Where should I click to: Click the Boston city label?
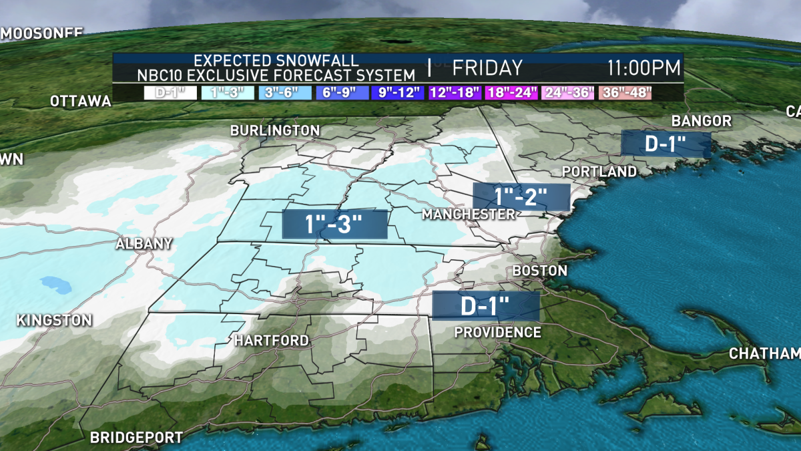click(539, 271)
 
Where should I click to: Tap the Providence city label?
click(497, 332)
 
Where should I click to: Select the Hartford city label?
click(271, 341)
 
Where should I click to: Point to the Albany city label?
click(144, 244)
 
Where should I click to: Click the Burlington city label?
click(275, 130)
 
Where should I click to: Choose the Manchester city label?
click(469, 214)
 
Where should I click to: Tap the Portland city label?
click(599, 172)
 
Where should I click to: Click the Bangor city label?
click(702, 121)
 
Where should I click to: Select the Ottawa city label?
click(80, 102)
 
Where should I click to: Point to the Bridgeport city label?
click(136, 438)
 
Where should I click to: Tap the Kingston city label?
click(53, 320)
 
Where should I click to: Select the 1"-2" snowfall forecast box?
click(521, 196)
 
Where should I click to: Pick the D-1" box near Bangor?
click(665, 144)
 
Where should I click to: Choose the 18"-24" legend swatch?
click(512, 92)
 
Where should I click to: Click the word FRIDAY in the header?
click(487, 68)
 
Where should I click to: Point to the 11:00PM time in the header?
click(643, 68)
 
